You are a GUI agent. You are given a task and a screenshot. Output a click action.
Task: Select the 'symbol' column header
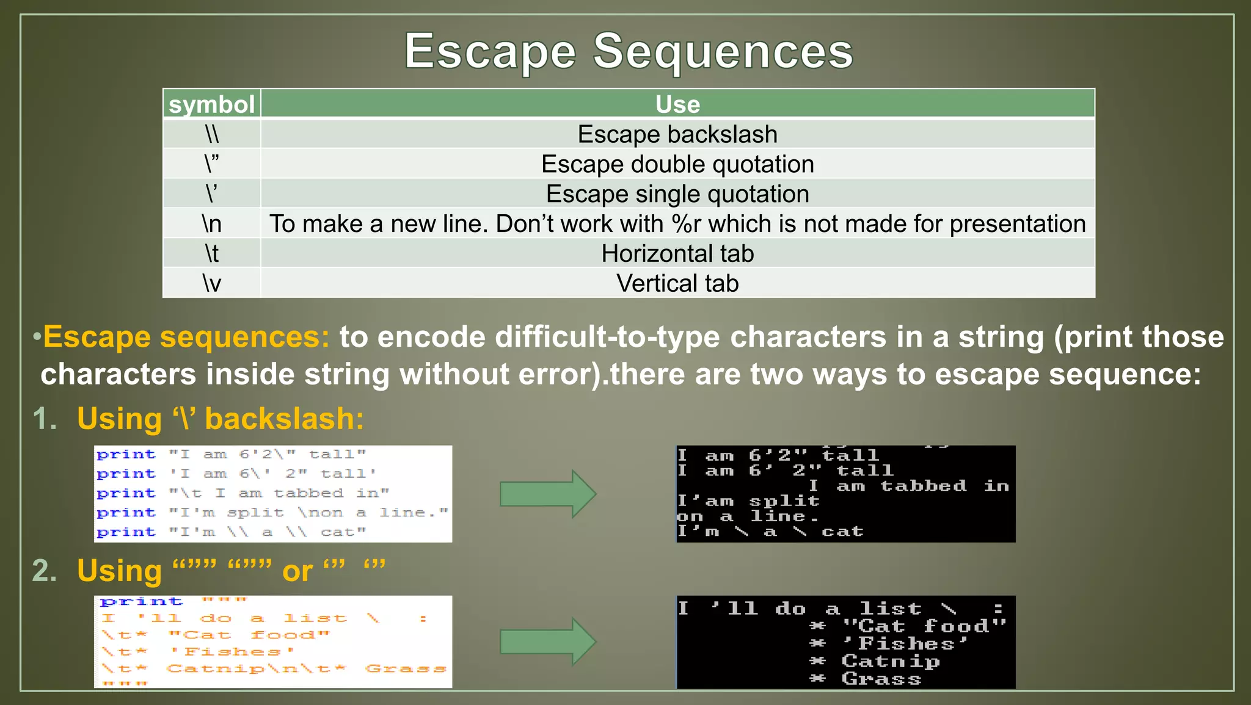tap(211, 104)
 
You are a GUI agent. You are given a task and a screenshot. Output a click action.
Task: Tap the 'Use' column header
tap(677, 104)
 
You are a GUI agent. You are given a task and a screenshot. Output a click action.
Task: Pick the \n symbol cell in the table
tap(211, 223)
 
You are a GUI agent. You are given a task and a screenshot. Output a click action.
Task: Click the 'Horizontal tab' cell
tap(677, 253)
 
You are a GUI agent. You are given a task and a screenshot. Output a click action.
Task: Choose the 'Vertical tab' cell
tap(677, 283)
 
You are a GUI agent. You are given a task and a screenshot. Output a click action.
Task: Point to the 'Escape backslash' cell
tap(677, 134)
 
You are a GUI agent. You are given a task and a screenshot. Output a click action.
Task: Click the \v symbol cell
tap(211, 283)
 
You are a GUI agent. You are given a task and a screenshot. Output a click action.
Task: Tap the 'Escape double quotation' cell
tap(677, 164)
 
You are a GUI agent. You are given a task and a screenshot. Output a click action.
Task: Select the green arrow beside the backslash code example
tap(547, 494)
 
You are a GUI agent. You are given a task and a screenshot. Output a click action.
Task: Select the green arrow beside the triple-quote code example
tap(547, 642)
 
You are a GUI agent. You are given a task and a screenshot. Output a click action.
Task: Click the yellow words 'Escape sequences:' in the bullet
tap(186, 337)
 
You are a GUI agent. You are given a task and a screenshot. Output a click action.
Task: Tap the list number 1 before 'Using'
tap(44, 419)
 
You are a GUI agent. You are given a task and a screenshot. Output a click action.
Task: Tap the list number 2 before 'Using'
tap(44, 571)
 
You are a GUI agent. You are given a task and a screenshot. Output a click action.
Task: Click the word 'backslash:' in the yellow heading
tap(284, 419)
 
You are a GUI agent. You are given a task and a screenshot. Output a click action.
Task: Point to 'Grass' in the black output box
tap(881, 679)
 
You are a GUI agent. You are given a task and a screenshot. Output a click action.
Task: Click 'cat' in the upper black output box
tap(842, 532)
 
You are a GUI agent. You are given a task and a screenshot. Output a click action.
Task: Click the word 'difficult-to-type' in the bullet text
tap(607, 337)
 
